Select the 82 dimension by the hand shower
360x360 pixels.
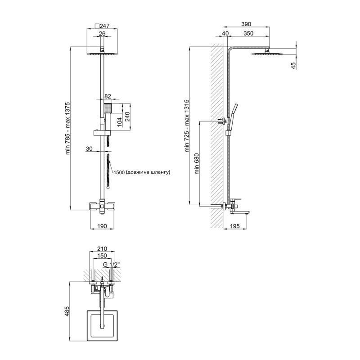point(108,96)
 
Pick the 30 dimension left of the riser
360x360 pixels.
point(89,149)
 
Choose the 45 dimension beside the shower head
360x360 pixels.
point(293,66)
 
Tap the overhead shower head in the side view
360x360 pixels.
point(266,53)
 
